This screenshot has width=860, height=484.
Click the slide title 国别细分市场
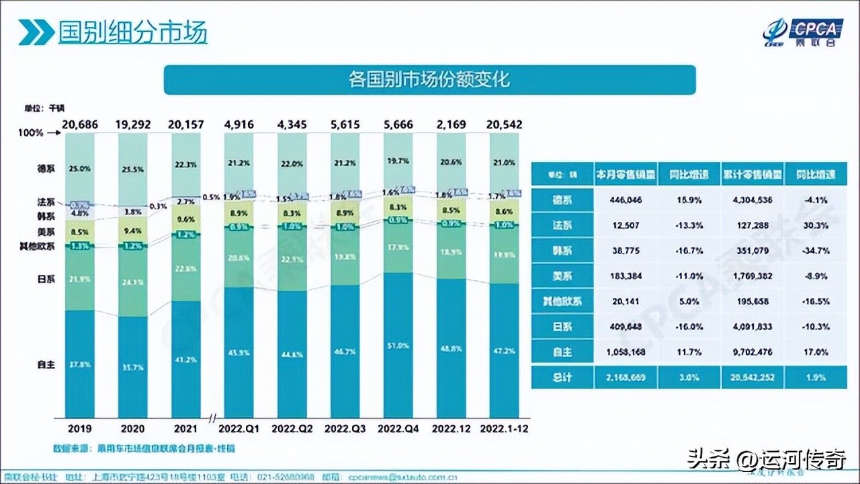(132, 32)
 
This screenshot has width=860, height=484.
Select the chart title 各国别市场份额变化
(429, 80)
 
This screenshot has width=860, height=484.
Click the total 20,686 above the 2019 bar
(79, 124)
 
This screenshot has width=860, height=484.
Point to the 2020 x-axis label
(132, 428)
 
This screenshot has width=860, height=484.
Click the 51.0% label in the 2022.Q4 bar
(398, 346)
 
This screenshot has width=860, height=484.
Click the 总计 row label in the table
(562, 377)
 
